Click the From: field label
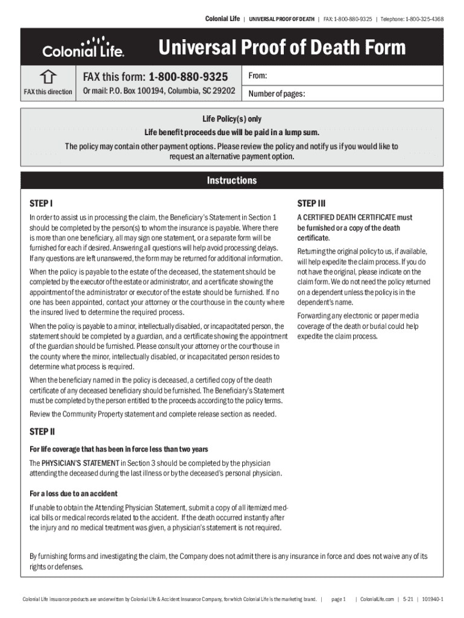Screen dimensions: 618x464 click(257, 76)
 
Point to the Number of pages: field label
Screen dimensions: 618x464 click(277, 94)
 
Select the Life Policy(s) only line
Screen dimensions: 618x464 click(231, 119)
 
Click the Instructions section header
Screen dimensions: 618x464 click(231, 180)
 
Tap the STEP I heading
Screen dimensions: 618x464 click(42, 203)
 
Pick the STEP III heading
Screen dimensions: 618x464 click(312, 203)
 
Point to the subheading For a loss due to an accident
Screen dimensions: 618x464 click(74, 494)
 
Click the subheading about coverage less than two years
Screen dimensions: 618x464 click(119, 449)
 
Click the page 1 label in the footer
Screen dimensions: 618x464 click(338, 599)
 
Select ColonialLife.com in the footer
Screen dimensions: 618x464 click(377, 599)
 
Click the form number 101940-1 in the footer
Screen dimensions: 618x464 click(433, 599)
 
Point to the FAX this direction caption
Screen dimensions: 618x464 click(48, 92)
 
